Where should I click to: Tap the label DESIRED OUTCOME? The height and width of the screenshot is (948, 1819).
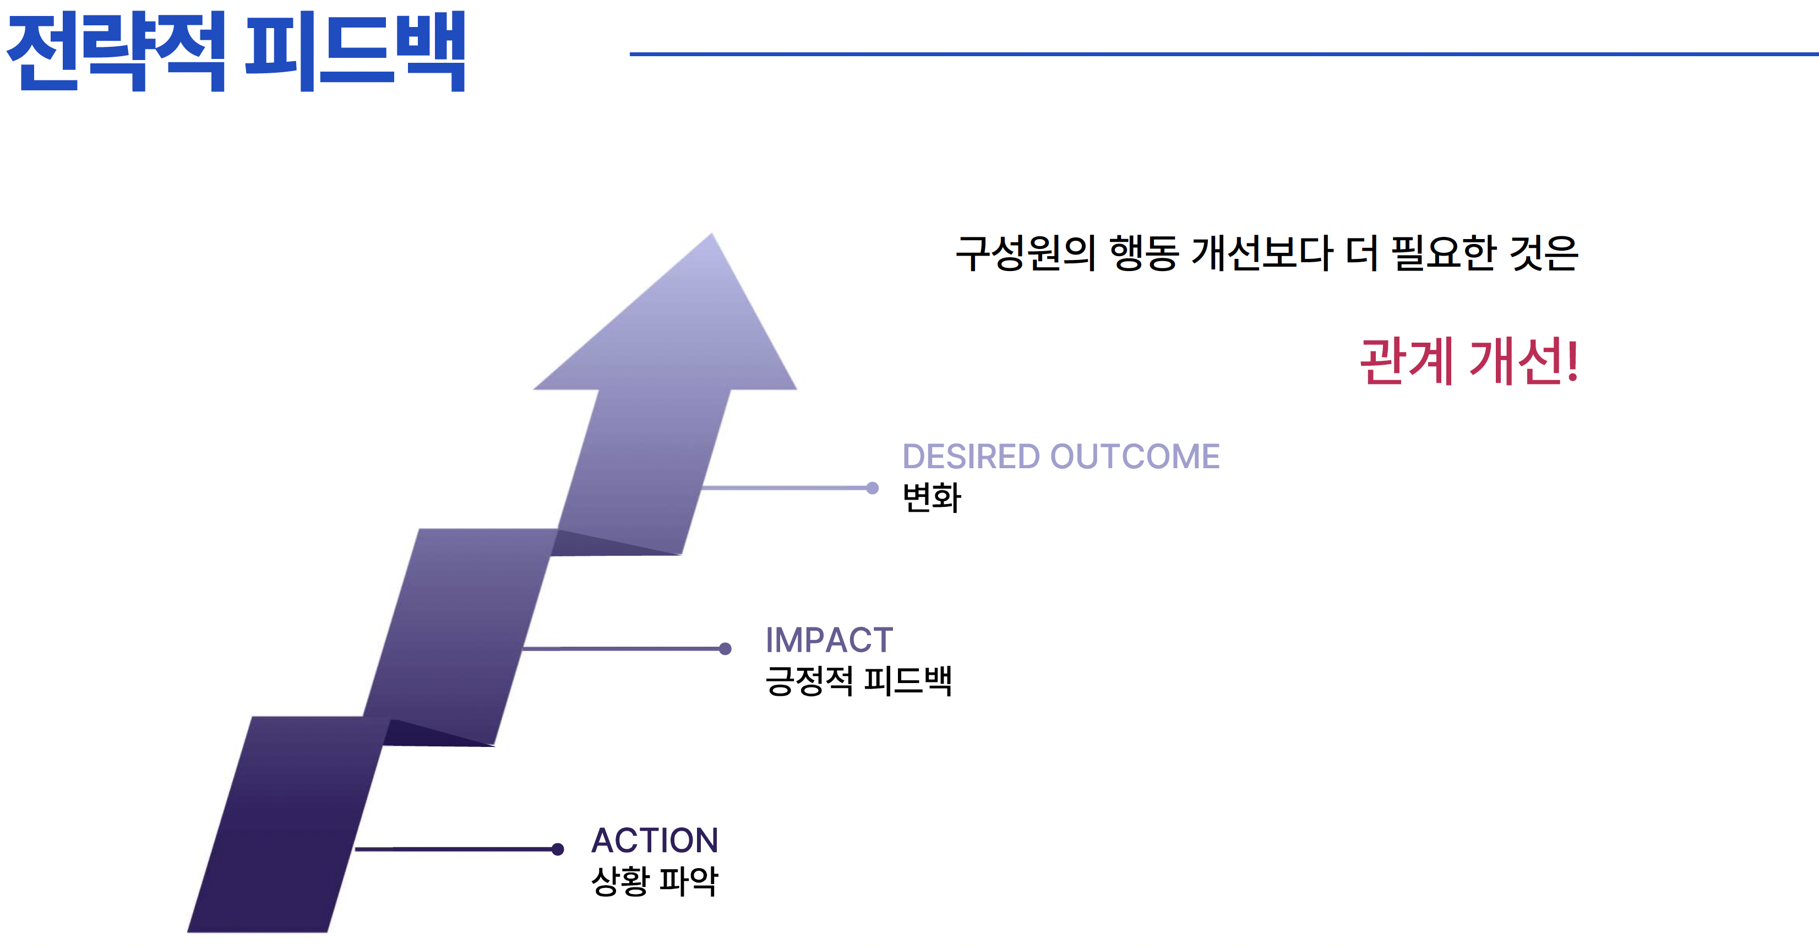1060,456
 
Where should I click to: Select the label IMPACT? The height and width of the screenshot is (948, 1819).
829,640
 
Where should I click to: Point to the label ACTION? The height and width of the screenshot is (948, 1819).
655,840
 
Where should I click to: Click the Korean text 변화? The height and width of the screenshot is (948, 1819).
932,497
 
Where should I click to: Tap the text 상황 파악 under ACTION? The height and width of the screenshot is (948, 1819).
655,881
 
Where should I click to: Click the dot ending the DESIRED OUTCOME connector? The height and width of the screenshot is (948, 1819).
872,487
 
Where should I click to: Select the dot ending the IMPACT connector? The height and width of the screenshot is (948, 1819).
725,648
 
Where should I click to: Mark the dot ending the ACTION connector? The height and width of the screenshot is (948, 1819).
557,848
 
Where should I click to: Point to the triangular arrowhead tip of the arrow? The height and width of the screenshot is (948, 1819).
711,234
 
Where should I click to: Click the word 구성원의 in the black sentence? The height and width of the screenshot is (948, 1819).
1025,253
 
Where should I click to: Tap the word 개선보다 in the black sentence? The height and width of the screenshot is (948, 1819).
1262,253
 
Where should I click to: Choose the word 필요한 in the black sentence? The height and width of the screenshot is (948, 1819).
1444,253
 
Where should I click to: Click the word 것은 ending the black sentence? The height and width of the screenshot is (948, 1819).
1544,253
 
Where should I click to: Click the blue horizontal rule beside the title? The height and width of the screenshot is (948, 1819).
1224,53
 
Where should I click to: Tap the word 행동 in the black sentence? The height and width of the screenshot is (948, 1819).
1144,253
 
